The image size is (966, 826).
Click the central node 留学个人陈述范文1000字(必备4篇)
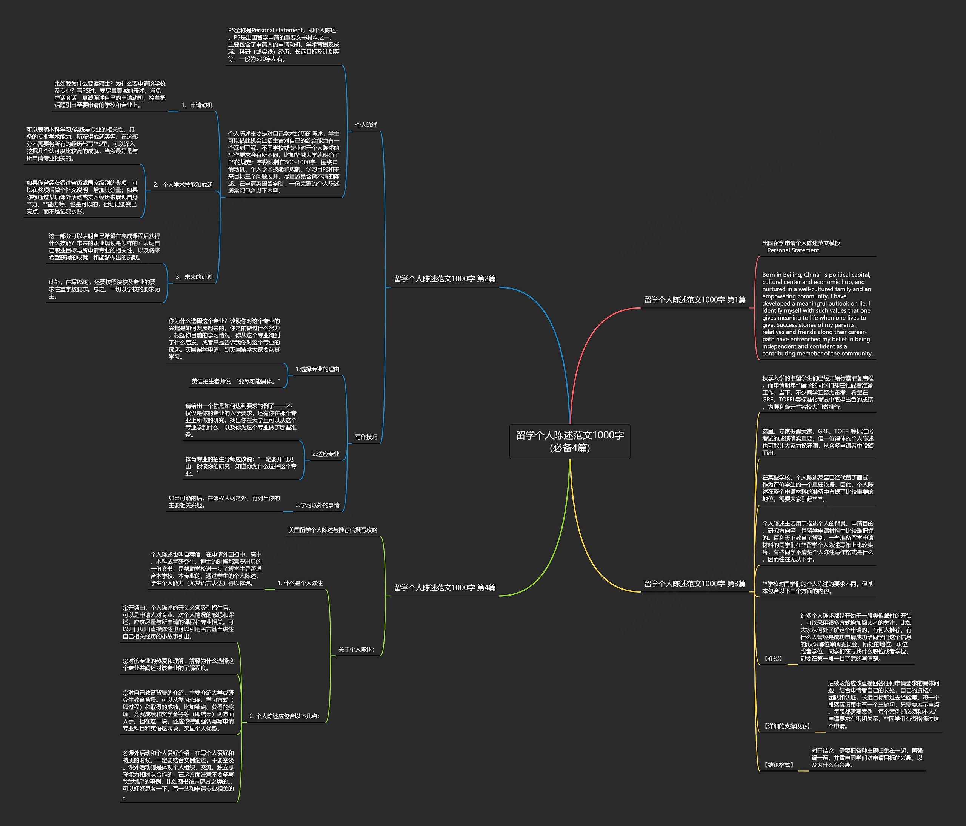(569, 441)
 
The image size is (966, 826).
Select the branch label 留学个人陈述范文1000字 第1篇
(694, 300)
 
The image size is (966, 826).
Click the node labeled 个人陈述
(366, 125)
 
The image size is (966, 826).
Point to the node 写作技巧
(366, 437)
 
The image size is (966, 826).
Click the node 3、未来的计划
(194, 277)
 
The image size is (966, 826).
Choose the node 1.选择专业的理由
(317, 369)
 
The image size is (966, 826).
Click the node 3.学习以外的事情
(317, 505)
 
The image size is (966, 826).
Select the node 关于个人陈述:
(356, 650)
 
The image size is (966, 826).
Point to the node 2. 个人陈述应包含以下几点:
(285, 716)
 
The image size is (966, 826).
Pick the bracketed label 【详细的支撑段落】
(787, 726)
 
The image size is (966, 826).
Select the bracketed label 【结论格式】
(778, 765)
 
